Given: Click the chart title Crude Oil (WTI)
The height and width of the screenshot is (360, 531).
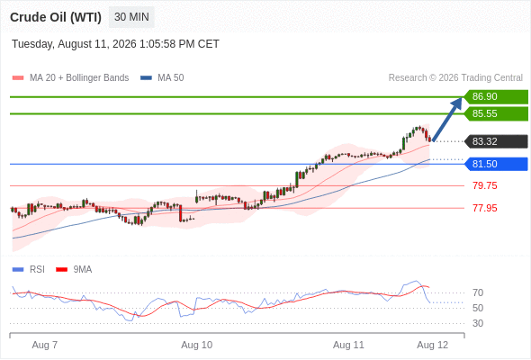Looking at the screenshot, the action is [56, 17].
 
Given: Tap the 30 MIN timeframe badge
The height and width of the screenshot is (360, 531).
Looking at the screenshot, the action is [131, 17].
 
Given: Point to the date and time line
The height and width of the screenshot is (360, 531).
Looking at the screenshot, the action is [115, 44].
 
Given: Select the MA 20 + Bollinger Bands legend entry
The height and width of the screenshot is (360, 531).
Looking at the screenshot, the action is [70, 78].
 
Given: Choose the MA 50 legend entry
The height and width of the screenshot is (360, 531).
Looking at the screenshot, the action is [162, 78].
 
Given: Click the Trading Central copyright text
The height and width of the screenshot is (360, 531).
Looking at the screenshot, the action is [455, 78].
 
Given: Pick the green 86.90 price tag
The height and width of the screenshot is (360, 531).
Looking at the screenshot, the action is [496, 96].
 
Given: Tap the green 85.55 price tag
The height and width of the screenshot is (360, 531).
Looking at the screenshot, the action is [496, 113].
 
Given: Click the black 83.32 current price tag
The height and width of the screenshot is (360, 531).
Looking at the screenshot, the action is [496, 141].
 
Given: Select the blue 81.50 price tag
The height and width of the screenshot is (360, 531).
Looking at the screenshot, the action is [496, 164].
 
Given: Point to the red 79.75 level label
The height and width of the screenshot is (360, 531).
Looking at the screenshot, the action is [485, 185].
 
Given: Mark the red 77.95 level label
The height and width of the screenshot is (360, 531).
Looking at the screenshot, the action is [485, 208].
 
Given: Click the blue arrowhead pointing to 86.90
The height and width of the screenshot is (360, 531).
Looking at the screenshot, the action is [458, 102].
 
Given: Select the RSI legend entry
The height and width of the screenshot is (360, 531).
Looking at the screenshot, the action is [29, 270].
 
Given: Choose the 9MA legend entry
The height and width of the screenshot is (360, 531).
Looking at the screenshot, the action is [74, 270].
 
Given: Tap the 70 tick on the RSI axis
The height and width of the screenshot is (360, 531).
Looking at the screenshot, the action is [478, 292].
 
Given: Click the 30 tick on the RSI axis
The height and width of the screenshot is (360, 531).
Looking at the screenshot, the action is [478, 323].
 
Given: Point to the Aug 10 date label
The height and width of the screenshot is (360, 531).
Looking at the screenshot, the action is [197, 345].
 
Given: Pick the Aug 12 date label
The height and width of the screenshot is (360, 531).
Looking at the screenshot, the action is [433, 345].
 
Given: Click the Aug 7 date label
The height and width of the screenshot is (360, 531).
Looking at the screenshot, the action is [45, 345].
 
